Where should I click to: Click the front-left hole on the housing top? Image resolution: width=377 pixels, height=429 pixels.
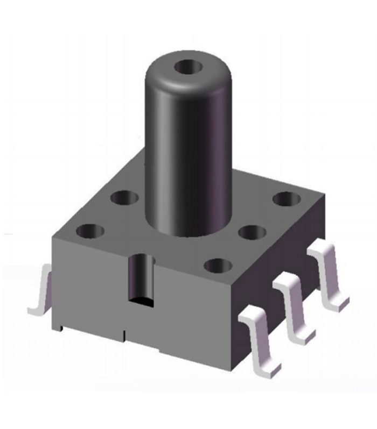click(90, 231)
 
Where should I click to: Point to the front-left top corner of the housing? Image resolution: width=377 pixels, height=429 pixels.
click(52, 237)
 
